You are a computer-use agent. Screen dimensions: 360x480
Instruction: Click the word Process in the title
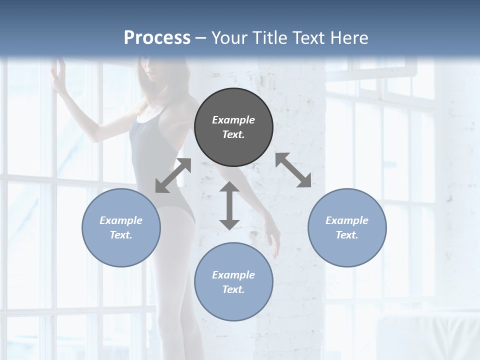[157, 37]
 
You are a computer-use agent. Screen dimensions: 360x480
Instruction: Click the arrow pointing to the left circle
[173, 175]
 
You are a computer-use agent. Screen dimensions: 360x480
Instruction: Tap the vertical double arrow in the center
[229, 205]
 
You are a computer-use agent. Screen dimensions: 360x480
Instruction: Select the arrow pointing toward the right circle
[293, 170]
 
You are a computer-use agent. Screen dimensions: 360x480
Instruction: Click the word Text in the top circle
[232, 135]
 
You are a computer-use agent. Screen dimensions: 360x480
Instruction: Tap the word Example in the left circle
[121, 220]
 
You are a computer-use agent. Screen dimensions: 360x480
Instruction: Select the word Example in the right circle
[347, 220]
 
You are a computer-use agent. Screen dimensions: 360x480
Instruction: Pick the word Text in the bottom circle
[232, 289]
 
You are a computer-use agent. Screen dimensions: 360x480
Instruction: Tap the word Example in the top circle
[233, 120]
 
